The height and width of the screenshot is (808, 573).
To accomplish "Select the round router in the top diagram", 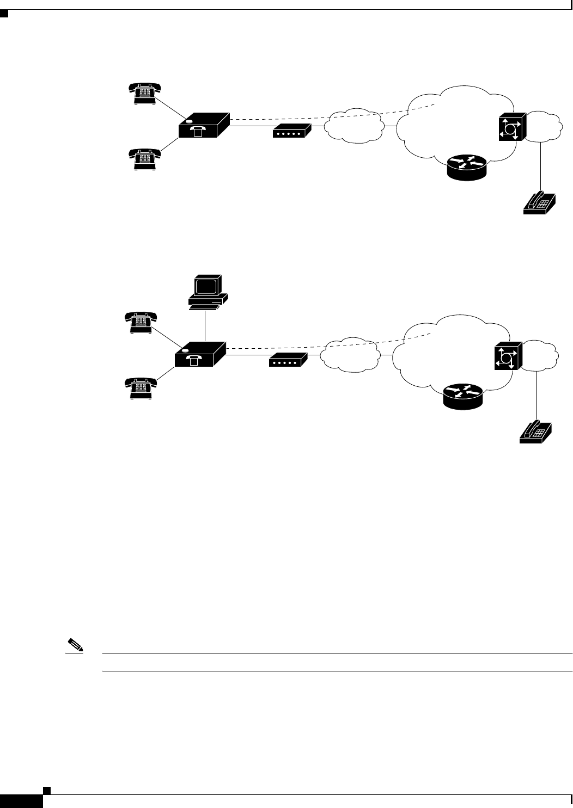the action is (466, 167).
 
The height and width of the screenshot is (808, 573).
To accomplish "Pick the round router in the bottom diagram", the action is (462, 396).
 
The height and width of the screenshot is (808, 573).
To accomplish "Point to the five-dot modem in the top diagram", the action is (291, 131).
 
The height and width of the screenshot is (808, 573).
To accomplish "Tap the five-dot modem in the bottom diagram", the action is (288, 360).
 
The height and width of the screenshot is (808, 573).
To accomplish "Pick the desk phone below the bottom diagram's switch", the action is (535, 431).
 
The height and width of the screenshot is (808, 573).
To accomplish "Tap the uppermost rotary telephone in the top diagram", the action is (144, 92).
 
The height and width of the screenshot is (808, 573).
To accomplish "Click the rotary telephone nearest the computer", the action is (141, 321).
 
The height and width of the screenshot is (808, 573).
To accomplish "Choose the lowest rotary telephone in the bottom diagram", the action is (141, 387).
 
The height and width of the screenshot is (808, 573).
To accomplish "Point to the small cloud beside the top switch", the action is (545, 126).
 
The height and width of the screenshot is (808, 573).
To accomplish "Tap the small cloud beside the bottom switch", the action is (541, 355).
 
